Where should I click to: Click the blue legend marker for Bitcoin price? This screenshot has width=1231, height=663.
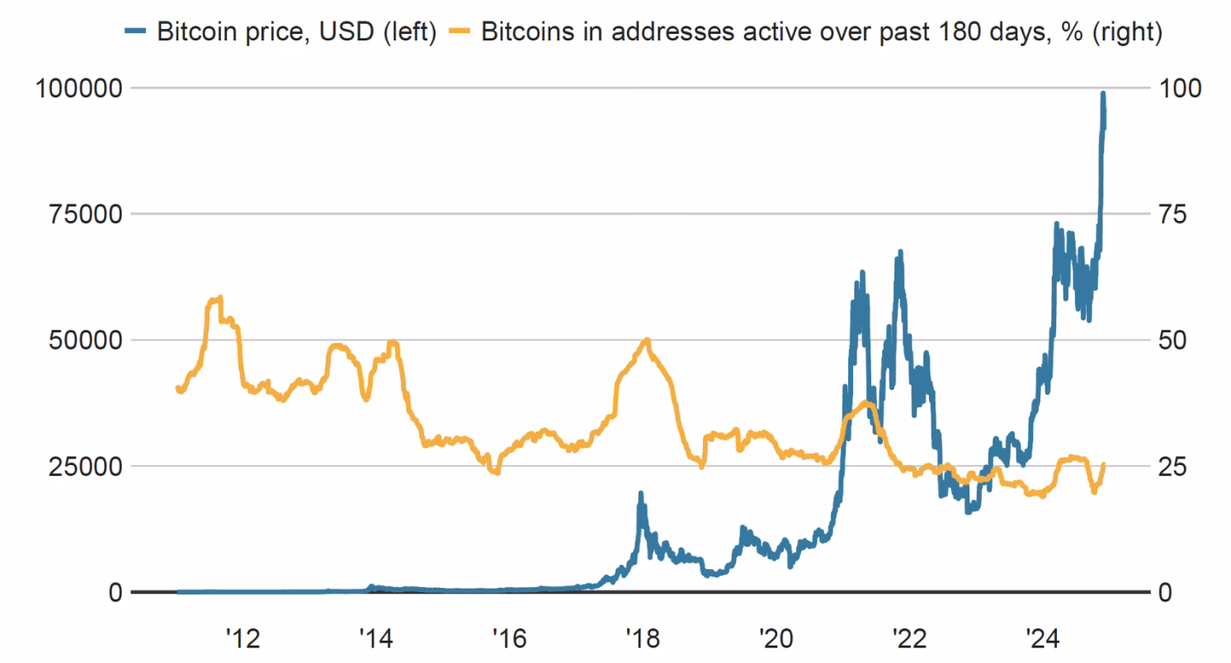[x=137, y=33]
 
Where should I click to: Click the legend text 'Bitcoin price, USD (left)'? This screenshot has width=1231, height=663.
[x=296, y=33]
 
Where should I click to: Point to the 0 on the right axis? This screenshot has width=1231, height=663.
[x=1164, y=593]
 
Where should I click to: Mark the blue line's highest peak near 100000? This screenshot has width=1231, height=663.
[x=1103, y=93]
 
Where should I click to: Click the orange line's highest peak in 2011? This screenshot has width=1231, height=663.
[x=219, y=298]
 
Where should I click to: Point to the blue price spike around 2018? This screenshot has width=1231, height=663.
[x=640, y=493]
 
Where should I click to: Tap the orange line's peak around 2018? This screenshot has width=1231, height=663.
[x=647, y=340]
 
